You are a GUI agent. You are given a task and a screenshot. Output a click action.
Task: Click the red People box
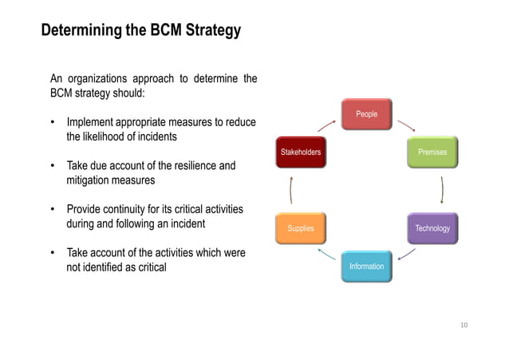366,115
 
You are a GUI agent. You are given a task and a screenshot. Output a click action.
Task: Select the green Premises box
432,152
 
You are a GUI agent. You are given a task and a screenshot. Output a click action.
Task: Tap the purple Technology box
432,228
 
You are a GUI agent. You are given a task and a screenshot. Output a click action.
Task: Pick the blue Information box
366,266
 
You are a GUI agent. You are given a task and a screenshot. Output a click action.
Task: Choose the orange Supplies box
300,228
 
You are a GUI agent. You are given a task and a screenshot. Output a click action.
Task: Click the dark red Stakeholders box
300,152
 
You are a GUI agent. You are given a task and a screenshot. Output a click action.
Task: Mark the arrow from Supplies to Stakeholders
292,190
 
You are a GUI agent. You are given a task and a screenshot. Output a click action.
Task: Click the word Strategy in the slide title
212,32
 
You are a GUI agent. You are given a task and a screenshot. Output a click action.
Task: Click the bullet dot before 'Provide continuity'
53,210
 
